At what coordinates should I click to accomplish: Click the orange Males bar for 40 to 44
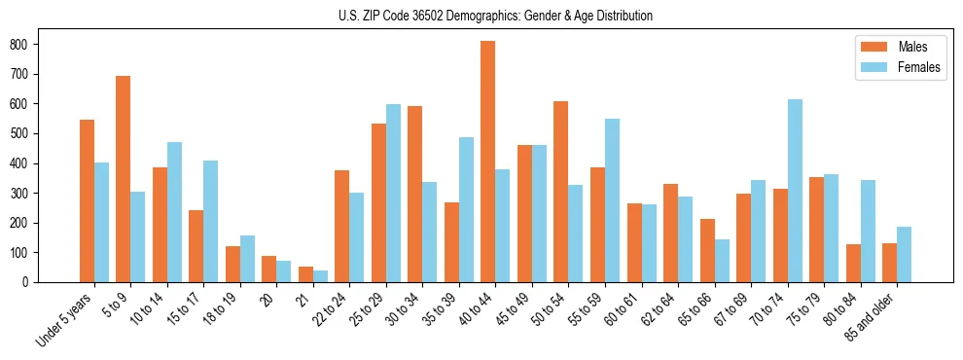pos(488,162)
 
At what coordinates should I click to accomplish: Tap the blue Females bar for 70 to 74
pos(795,191)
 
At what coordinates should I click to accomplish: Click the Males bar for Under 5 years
pos(87,200)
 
